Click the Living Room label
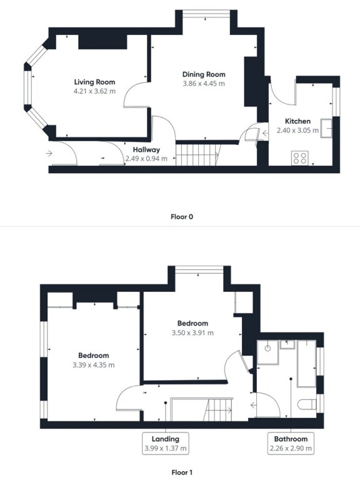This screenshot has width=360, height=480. (x=94, y=82)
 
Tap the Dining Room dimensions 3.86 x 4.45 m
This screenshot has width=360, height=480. (x=204, y=84)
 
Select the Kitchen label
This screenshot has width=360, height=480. (x=297, y=121)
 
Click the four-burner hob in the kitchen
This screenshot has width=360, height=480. (x=300, y=158)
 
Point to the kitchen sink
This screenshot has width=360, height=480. (x=326, y=128)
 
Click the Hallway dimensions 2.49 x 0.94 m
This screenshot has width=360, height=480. (x=146, y=159)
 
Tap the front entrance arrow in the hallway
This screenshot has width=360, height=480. (x=49, y=153)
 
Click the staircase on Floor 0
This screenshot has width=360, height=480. (x=198, y=154)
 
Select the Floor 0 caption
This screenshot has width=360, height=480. (x=182, y=217)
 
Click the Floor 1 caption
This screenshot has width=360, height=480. (x=182, y=472)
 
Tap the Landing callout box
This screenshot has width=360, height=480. (x=165, y=443)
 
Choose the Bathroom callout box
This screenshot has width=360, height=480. (x=291, y=443)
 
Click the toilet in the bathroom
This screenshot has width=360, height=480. (x=307, y=404)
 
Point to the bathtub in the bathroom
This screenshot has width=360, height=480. (x=306, y=364)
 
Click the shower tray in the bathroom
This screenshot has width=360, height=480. (x=268, y=352)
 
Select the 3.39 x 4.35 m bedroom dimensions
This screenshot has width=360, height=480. (x=93, y=365)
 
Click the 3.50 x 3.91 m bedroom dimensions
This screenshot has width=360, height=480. (x=192, y=333)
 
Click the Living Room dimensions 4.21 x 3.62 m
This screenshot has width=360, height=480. (x=94, y=91)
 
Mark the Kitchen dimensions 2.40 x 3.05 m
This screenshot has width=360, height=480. (x=297, y=131)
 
